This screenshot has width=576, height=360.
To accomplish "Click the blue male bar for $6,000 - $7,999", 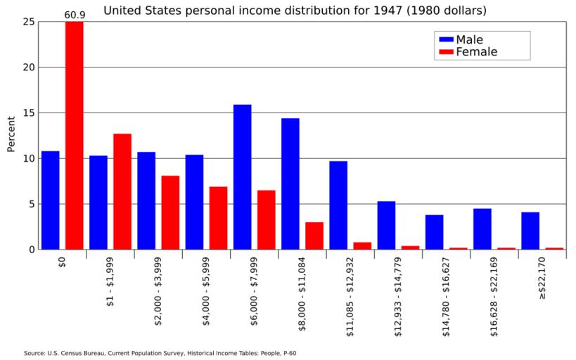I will tap(242, 176).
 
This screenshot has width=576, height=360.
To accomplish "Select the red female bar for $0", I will tap(75, 135).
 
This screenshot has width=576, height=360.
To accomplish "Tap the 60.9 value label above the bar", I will tap(75, 14).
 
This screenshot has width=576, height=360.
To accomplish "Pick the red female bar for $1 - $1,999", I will tap(122, 191).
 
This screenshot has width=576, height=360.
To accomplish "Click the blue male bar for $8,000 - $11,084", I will tap(290, 184).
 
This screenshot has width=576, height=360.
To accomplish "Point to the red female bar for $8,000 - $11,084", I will tap(314, 236).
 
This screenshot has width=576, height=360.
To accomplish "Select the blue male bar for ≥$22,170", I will tap(530, 231).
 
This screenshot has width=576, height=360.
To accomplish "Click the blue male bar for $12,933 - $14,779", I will tap(386, 225).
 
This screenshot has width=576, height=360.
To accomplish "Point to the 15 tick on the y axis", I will tap(28, 113).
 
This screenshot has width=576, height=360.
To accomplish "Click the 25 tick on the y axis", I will tap(28, 22).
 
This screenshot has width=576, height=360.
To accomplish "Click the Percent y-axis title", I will tap(11, 134).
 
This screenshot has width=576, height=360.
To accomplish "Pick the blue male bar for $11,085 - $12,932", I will tap(338, 205).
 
